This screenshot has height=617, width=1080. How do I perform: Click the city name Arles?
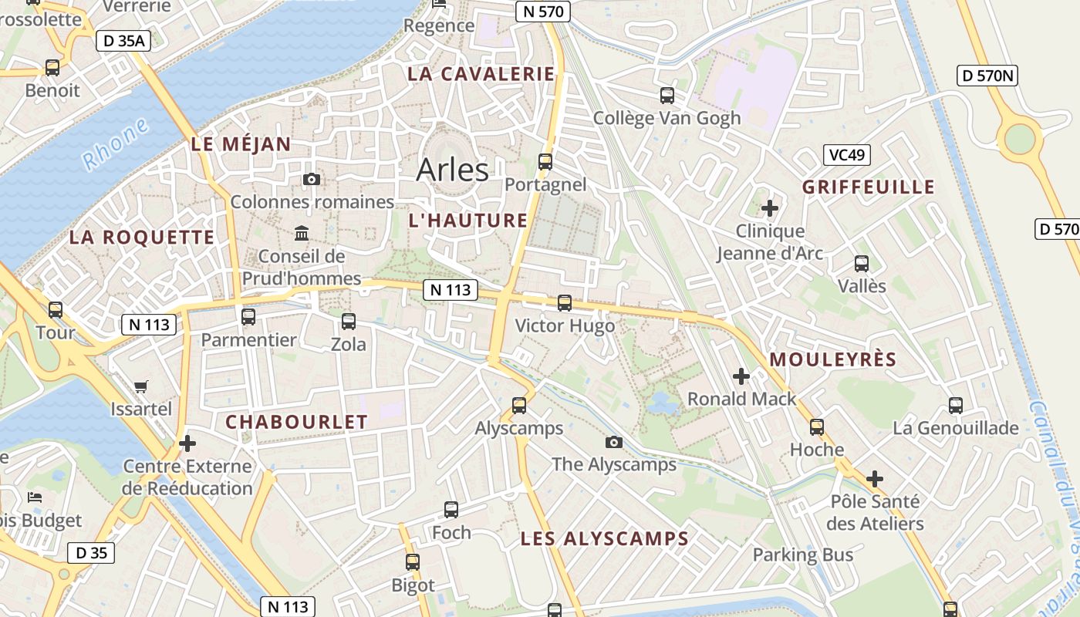tap(452, 170)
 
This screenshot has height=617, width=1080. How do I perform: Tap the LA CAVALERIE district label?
tap(481, 74)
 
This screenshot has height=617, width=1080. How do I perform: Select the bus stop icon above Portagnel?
tap(545, 162)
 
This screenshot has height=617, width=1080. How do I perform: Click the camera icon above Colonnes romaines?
tap(312, 180)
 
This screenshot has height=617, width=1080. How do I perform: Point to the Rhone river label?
tap(115, 144)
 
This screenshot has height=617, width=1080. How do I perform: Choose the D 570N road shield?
tap(988, 76)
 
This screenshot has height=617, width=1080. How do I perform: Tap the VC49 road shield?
tap(846, 155)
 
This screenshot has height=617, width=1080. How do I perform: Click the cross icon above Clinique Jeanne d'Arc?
tap(770, 208)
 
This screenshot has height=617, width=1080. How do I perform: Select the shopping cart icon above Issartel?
tap(140, 386)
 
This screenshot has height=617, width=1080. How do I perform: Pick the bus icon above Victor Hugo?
tap(565, 303)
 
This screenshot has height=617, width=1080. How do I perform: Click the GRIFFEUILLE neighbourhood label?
tap(868, 187)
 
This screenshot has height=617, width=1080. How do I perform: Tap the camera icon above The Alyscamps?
tap(614, 442)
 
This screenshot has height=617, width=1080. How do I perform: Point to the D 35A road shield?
tap(123, 41)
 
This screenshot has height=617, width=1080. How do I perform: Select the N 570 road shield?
tap(543, 11)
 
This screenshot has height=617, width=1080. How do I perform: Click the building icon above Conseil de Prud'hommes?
tap(302, 233)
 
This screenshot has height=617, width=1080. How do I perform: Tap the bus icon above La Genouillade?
tap(956, 406)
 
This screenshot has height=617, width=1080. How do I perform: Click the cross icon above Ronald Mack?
tap(741, 376)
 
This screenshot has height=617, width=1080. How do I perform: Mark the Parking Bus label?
tap(803, 555)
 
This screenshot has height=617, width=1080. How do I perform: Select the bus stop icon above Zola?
tap(349, 322)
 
